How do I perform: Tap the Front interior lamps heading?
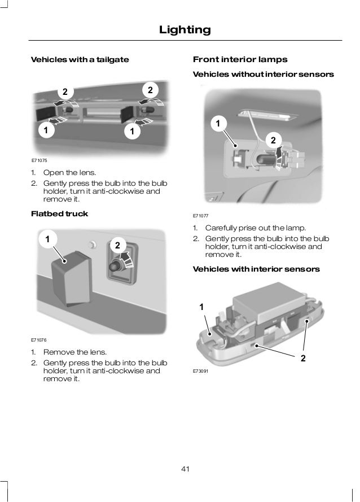[240, 59]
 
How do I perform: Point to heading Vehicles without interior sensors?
[263, 74]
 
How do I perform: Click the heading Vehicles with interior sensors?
[256, 269]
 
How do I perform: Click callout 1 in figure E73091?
[201, 307]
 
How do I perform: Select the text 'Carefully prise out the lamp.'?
[255, 228]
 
